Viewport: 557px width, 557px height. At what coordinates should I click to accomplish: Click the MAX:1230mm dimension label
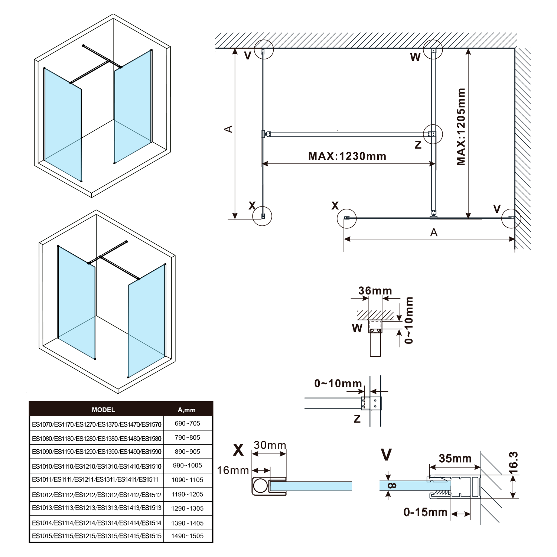pos(347,156)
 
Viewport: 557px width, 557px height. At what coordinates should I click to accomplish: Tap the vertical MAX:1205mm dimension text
pos(461,127)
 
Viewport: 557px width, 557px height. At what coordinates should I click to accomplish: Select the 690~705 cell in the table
pos(188,423)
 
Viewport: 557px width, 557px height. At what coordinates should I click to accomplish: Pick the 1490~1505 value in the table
pos(188,536)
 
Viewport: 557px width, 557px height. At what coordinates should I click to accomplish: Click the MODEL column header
pos(103,410)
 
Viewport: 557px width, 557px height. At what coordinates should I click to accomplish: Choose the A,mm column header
pos(186,410)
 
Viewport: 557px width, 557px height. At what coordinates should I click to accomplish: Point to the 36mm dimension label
pos(375,291)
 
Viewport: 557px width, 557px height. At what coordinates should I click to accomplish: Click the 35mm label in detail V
pos(455,459)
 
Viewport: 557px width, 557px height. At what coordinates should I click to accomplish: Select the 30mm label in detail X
pos(270,445)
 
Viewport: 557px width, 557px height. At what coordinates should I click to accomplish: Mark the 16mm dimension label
pos(233,470)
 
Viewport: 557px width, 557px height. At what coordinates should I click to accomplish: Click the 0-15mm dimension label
pos(426,512)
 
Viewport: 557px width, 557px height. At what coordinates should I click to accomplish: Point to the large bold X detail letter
pos(238,450)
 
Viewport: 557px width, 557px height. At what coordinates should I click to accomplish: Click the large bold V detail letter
pos(387,455)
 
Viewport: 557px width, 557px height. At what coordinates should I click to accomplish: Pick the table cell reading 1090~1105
pos(188,480)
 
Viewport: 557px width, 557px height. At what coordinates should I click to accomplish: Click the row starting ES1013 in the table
pos(97,508)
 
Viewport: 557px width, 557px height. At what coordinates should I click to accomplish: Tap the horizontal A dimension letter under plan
pos(434,232)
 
